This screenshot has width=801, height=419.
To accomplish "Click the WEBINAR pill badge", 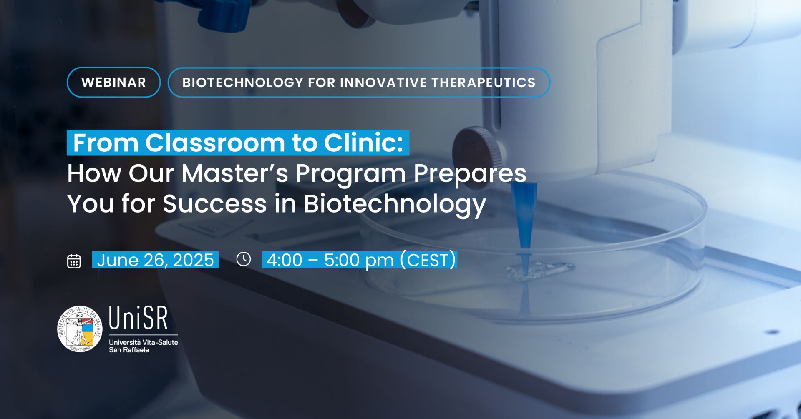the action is pos(113,82).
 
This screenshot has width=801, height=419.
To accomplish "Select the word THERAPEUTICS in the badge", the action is pos(484,83).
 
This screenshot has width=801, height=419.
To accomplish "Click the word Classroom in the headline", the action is pos(215,143).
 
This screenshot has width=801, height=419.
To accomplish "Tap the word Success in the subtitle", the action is pos(214,204).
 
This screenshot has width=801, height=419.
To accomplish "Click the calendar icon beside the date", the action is pos(74,261).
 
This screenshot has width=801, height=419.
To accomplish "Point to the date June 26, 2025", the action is pos(155,260).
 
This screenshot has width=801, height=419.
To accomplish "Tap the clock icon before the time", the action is pos(244,259).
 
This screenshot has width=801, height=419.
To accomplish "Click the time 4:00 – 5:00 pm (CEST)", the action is pos(360,260).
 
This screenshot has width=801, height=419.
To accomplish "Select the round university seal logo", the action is pos(80,329).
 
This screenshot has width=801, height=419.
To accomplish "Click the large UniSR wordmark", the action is pos(139,318).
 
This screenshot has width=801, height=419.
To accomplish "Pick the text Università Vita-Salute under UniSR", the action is pos(144,342).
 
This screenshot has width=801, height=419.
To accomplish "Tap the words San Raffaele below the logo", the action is pos(129,350).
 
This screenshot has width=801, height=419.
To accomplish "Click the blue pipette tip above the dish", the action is pos(524,217).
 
